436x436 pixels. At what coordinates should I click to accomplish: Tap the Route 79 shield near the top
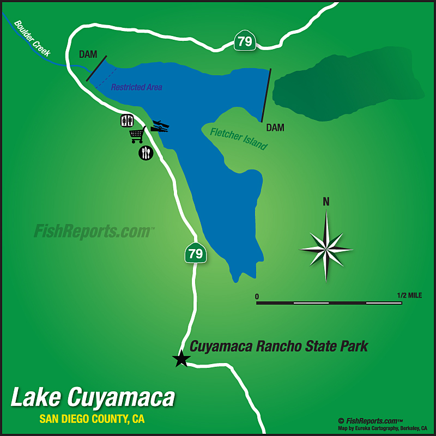pos(244,41)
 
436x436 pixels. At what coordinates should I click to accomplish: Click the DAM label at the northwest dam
pos(88,55)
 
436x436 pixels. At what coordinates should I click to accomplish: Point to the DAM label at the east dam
pos(275,128)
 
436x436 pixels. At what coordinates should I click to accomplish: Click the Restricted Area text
pos(137,87)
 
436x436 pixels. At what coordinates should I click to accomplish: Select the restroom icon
pos(126,121)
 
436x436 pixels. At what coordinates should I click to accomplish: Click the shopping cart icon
pos(137,135)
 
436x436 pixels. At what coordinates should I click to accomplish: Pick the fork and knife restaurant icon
pos(146,153)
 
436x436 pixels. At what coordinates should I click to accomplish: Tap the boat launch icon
pos(160,126)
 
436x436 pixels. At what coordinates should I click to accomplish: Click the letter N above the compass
pos(326,202)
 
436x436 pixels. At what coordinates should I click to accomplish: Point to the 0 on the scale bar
pos(257,296)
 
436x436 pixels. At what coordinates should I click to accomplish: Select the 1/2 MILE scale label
pos(409,295)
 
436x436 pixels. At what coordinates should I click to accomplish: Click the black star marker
pos(181,358)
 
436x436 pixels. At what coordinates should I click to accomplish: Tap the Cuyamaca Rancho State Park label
pos(278,346)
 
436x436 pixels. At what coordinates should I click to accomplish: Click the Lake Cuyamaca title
pos(93,397)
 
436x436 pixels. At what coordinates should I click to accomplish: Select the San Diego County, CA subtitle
pos(92,420)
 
